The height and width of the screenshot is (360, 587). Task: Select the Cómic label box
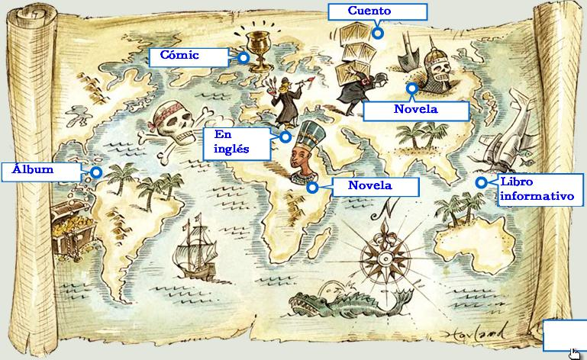185,56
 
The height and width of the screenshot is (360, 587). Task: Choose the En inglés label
236,143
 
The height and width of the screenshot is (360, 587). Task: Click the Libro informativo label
537,190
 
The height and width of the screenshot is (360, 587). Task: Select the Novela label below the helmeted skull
415,110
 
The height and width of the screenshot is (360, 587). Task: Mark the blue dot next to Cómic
243,56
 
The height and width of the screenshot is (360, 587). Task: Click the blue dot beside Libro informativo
481,182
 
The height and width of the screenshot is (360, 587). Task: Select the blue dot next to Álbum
97,172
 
